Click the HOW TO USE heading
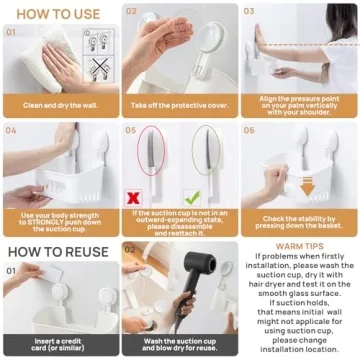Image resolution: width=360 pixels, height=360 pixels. (x=56, y=14)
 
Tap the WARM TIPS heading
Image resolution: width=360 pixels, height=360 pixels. (x=299, y=243)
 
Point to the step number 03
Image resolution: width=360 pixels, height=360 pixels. (x=250, y=13)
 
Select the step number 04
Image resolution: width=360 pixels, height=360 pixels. (x=11, y=128)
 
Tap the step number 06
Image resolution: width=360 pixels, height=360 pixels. (x=250, y=128)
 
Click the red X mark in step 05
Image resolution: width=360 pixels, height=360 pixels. (x=132, y=198)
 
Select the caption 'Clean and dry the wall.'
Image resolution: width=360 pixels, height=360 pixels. (x=59, y=104)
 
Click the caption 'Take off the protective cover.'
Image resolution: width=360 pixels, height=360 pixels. (x=179, y=104)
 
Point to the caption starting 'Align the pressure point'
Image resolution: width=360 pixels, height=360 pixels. (x=299, y=104)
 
